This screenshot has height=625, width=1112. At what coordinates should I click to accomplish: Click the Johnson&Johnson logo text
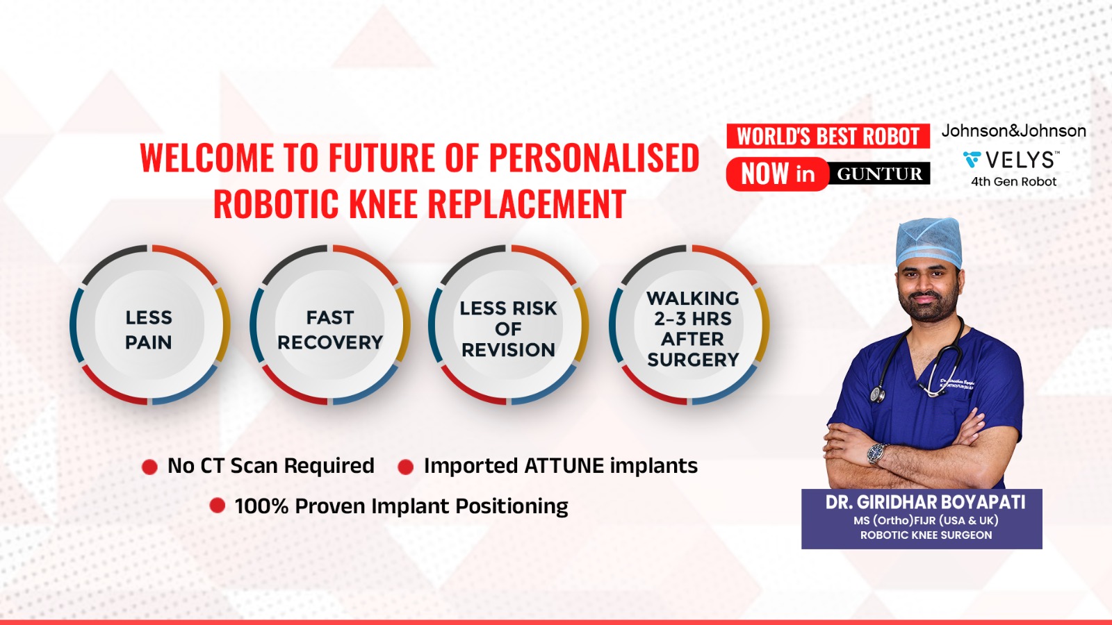point(1014,131)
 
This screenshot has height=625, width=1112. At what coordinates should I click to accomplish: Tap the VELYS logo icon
point(972,160)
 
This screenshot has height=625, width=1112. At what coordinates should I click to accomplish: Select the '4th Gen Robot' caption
point(1014,181)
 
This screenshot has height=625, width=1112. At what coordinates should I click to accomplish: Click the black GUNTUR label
point(878,174)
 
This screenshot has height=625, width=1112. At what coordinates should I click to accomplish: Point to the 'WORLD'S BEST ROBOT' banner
point(828,136)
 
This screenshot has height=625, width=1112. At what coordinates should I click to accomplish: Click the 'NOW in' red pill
point(778,174)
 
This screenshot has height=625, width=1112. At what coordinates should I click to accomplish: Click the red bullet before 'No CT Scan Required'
point(149,467)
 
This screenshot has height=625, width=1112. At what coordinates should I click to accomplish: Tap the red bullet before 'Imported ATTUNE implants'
point(406,467)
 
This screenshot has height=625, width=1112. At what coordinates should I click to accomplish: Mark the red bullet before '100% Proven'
point(217,506)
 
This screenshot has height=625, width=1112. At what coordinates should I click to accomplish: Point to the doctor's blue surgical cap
point(929,242)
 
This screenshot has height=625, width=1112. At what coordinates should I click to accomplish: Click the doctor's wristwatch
point(877,453)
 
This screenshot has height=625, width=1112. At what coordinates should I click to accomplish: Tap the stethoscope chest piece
point(876,394)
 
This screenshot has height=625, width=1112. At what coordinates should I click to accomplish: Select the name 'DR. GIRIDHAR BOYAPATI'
point(925,503)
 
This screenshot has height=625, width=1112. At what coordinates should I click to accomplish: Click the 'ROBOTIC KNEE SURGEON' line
point(926,535)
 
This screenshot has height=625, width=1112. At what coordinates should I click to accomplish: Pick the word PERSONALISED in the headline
point(594,158)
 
